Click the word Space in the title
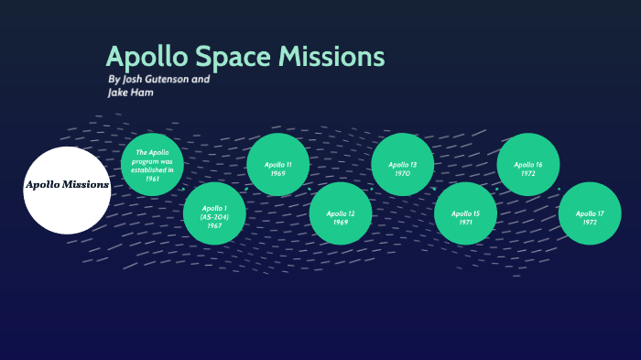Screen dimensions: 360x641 [x=235, y=57]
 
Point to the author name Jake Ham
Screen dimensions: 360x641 [x=131, y=93]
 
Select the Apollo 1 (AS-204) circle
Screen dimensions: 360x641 [x=214, y=213]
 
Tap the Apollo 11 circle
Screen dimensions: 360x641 [x=277, y=165]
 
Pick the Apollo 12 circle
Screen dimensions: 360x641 [x=340, y=213]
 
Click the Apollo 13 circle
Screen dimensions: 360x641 [x=402, y=165]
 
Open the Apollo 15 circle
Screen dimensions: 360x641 [x=464, y=213]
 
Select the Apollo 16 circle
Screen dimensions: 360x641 [x=527, y=165]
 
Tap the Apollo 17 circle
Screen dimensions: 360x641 [x=590, y=213]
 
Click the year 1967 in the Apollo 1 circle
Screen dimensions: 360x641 [x=214, y=225]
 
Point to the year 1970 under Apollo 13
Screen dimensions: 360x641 [x=402, y=173]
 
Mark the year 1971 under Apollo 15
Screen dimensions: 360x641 [x=464, y=223]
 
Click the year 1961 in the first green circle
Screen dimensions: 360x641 [x=152, y=180]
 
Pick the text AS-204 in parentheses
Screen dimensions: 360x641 [x=214, y=217]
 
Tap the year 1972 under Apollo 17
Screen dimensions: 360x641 [x=590, y=223]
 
